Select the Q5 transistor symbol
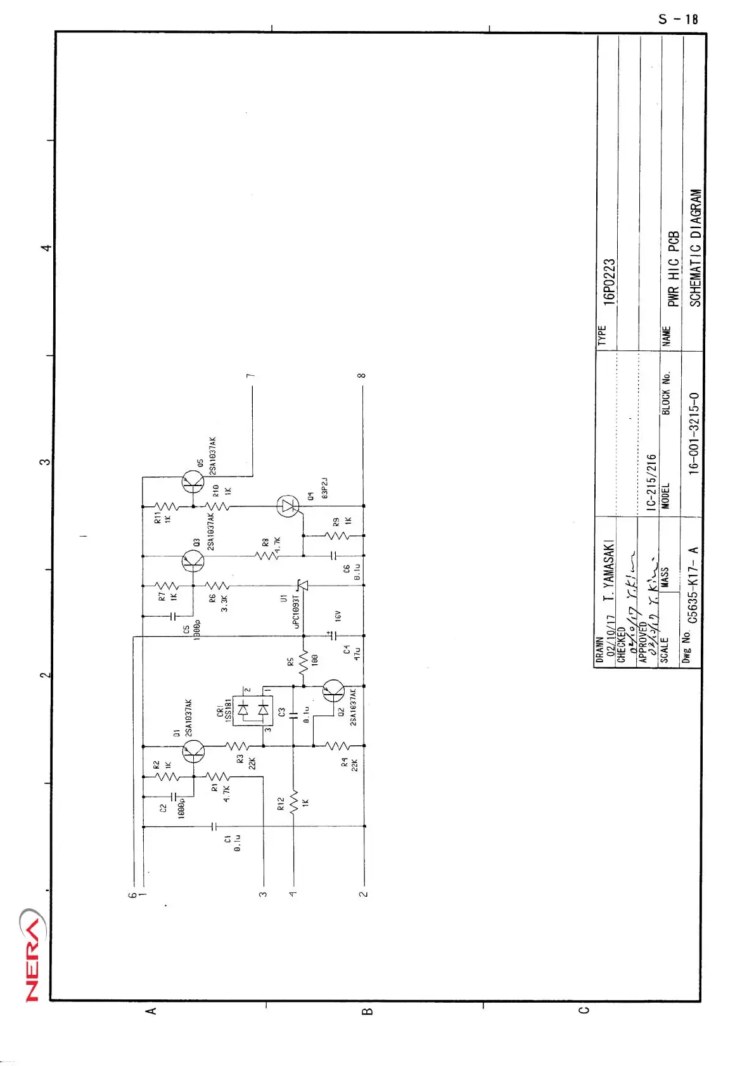pyautogui.click(x=192, y=482)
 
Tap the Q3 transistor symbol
pyautogui.click(x=192, y=561)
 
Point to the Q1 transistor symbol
pyautogui.click(x=193, y=752)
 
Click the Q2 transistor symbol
pyautogui.click(x=333, y=691)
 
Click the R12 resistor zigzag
pyautogui.click(x=293, y=802)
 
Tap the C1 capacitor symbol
pyautogui.click(x=214, y=826)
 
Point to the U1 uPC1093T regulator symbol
pyautogui.click(x=302, y=586)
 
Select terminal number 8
pyautogui.click(x=362, y=375)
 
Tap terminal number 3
pyautogui.click(x=262, y=894)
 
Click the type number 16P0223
pyautogui.click(x=609, y=283)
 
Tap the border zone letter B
pyautogui.click(x=367, y=1011)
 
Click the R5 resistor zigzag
pyautogui.click(x=303, y=661)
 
